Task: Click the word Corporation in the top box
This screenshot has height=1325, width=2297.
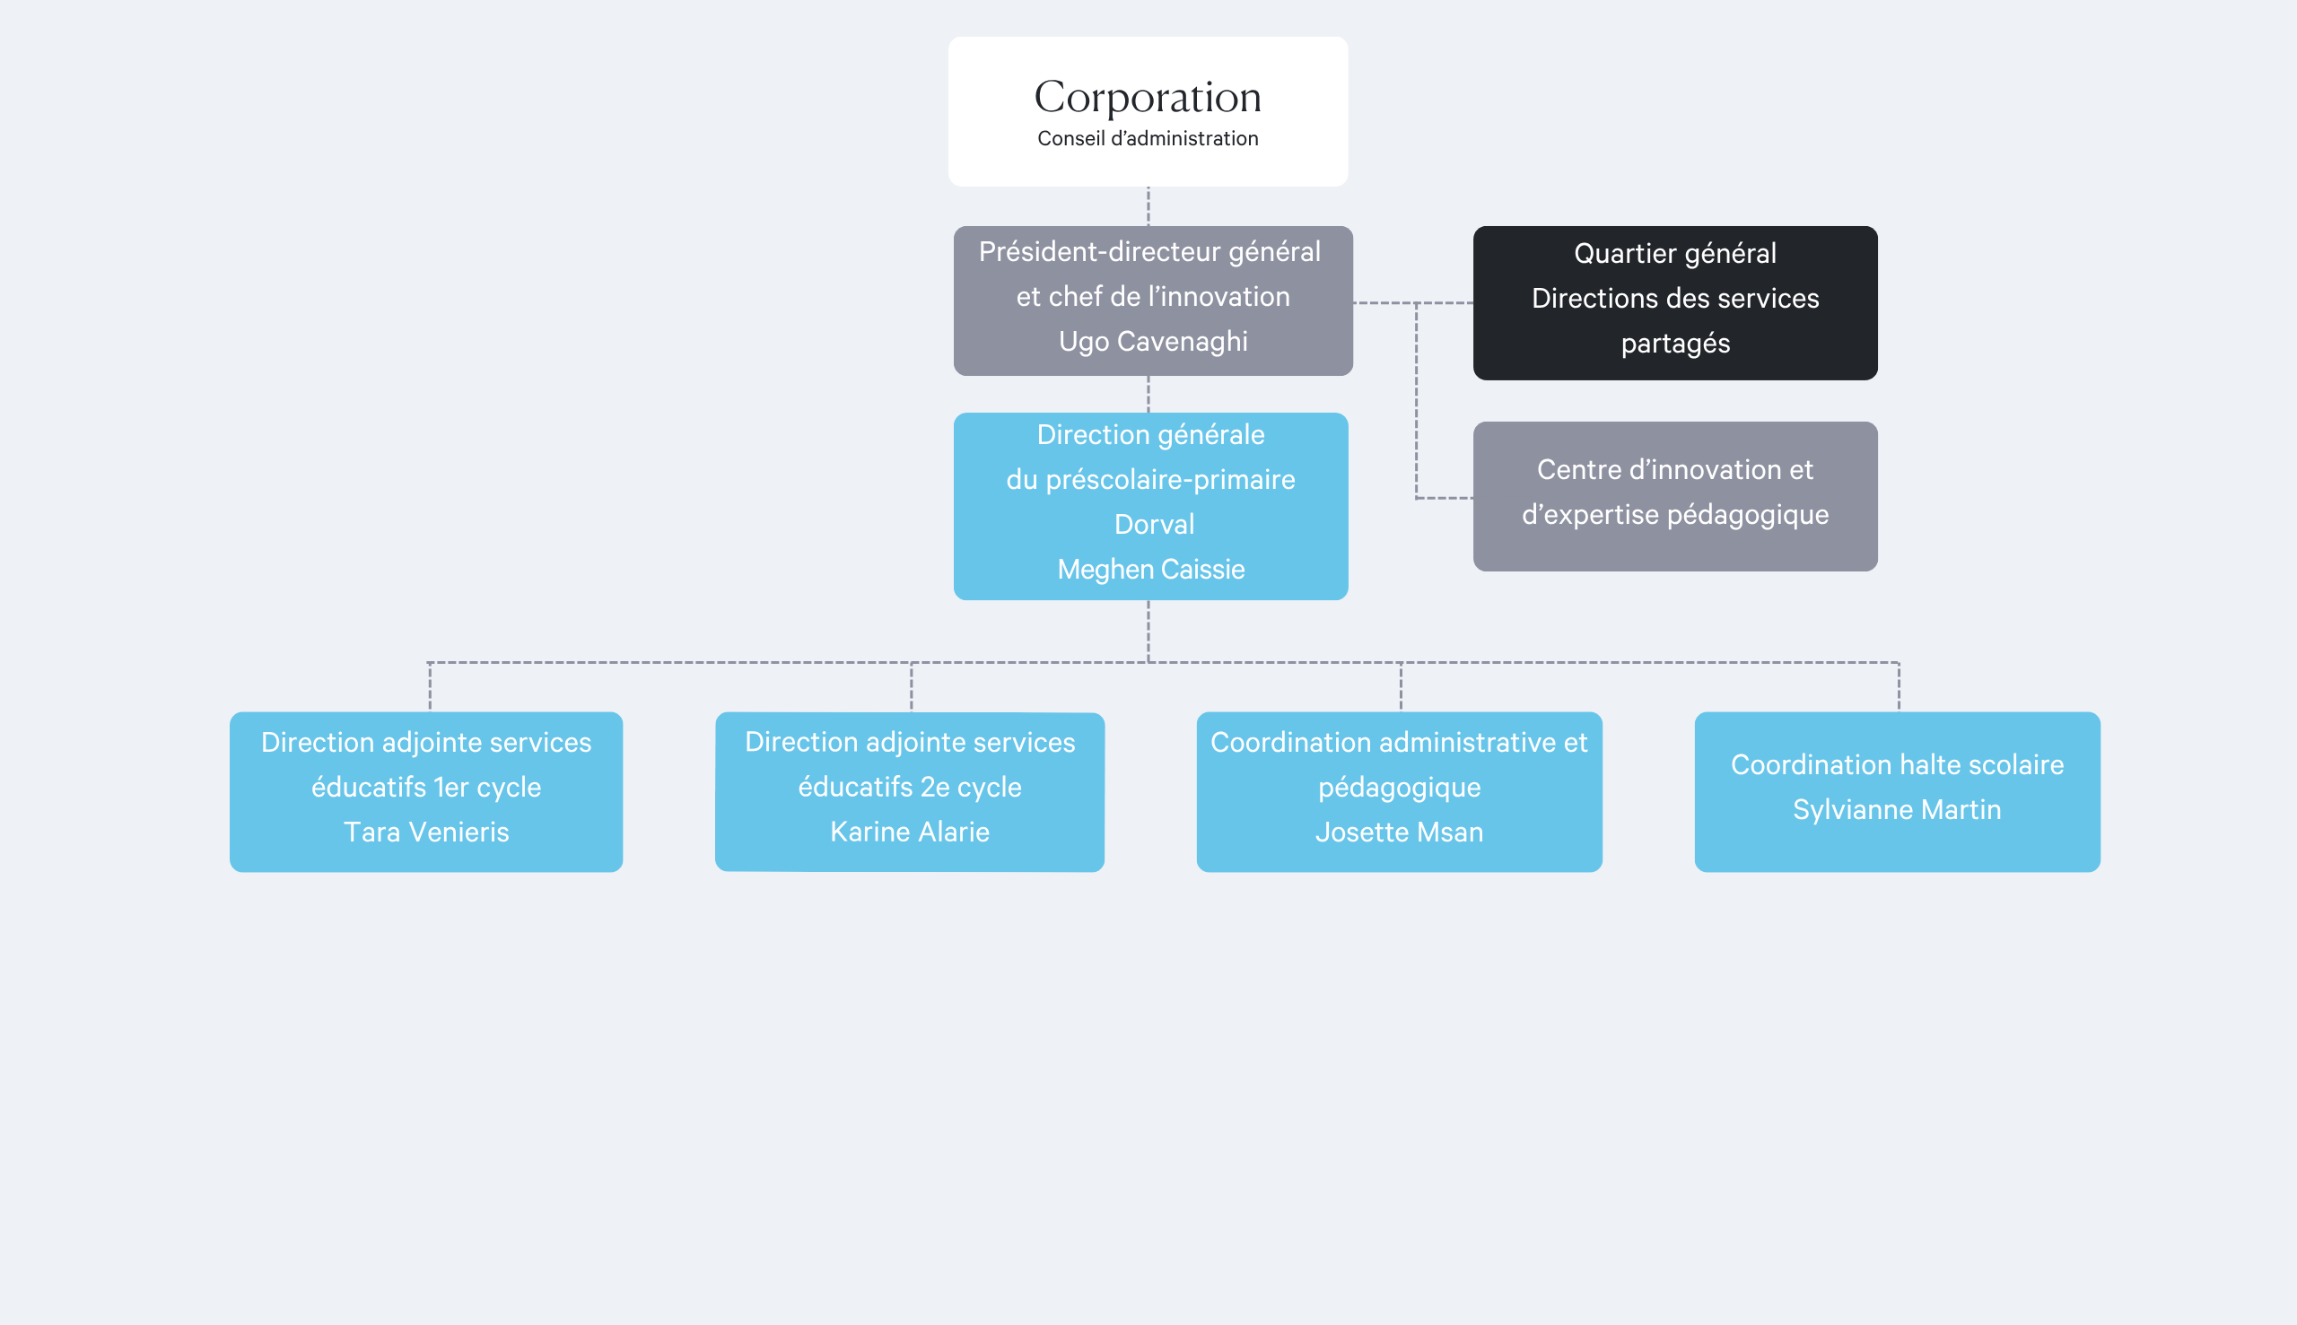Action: tap(1148, 98)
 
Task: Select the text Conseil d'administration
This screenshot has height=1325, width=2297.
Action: tap(1148, 138)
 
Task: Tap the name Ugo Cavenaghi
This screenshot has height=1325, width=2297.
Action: tap(1153, 341)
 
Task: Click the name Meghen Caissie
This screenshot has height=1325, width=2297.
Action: tap(1151, 569)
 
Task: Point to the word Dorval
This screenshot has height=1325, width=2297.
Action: tap(1154, 524)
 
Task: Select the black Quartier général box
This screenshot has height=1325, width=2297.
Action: tap(1675, 303)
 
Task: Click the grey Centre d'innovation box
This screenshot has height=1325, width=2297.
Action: tap(1675, 496)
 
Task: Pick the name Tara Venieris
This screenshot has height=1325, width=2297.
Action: tap(426, 832)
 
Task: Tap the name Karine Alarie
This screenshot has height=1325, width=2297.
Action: tap(910, 832)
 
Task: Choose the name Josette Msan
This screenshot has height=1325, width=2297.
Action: tap(1400, 832)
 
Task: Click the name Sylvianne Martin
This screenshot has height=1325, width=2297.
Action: tap(1898, 809)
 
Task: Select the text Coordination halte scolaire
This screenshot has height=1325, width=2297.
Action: tap(1898, 764)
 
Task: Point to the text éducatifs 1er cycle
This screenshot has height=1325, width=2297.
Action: tap(426, 787)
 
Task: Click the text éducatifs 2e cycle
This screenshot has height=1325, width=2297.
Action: tap(910, 787)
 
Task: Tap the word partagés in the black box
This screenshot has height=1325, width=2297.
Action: tap(1675, 343)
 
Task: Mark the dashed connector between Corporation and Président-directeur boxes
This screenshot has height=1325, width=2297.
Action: tap(1148, 206)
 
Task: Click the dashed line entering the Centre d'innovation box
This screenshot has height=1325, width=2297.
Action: tap(1445, 498)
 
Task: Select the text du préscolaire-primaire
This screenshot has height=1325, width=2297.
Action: tap(1151, 480)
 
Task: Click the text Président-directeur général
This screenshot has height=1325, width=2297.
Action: tap(1149, 251)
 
